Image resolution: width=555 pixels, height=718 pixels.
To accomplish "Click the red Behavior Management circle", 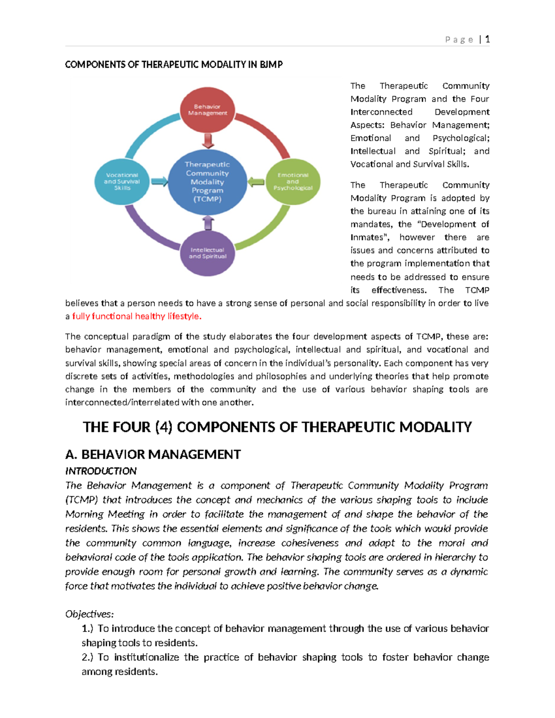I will pos(207,110).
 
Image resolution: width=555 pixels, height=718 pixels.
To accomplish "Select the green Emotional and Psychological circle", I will pos(293,181).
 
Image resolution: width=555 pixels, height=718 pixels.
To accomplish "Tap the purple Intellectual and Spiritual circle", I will pos(207,253).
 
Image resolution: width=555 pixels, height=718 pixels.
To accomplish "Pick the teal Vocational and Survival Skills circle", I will pos(122,181).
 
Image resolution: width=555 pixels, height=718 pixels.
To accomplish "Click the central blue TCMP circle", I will pos(207,182).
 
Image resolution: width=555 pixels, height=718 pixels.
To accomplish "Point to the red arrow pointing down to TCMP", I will pos(208,141).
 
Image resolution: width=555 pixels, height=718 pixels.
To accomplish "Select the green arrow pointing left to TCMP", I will pos(256,182).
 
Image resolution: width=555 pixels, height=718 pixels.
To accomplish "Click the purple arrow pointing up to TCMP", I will pos(208,223).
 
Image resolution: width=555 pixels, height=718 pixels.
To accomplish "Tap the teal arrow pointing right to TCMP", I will pos(159,182).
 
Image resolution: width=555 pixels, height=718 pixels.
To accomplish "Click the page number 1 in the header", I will pos(487,39).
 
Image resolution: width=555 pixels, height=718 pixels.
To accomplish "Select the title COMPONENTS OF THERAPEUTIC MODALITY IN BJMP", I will pos(173,65).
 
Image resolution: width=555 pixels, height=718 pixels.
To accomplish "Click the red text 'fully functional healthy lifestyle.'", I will pos(137,316).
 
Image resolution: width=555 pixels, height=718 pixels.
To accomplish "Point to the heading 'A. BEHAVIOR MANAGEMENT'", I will pos(153,454).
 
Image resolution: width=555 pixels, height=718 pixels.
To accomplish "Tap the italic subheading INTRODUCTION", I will pos(101,471).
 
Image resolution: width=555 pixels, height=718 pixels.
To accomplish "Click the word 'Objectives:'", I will pos(89,614).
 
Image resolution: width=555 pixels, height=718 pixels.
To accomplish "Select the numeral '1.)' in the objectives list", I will pos(87,628).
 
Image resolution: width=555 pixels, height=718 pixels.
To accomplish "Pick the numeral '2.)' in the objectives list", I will pos(87,657).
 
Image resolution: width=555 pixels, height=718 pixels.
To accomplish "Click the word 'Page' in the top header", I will pos(459,40).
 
